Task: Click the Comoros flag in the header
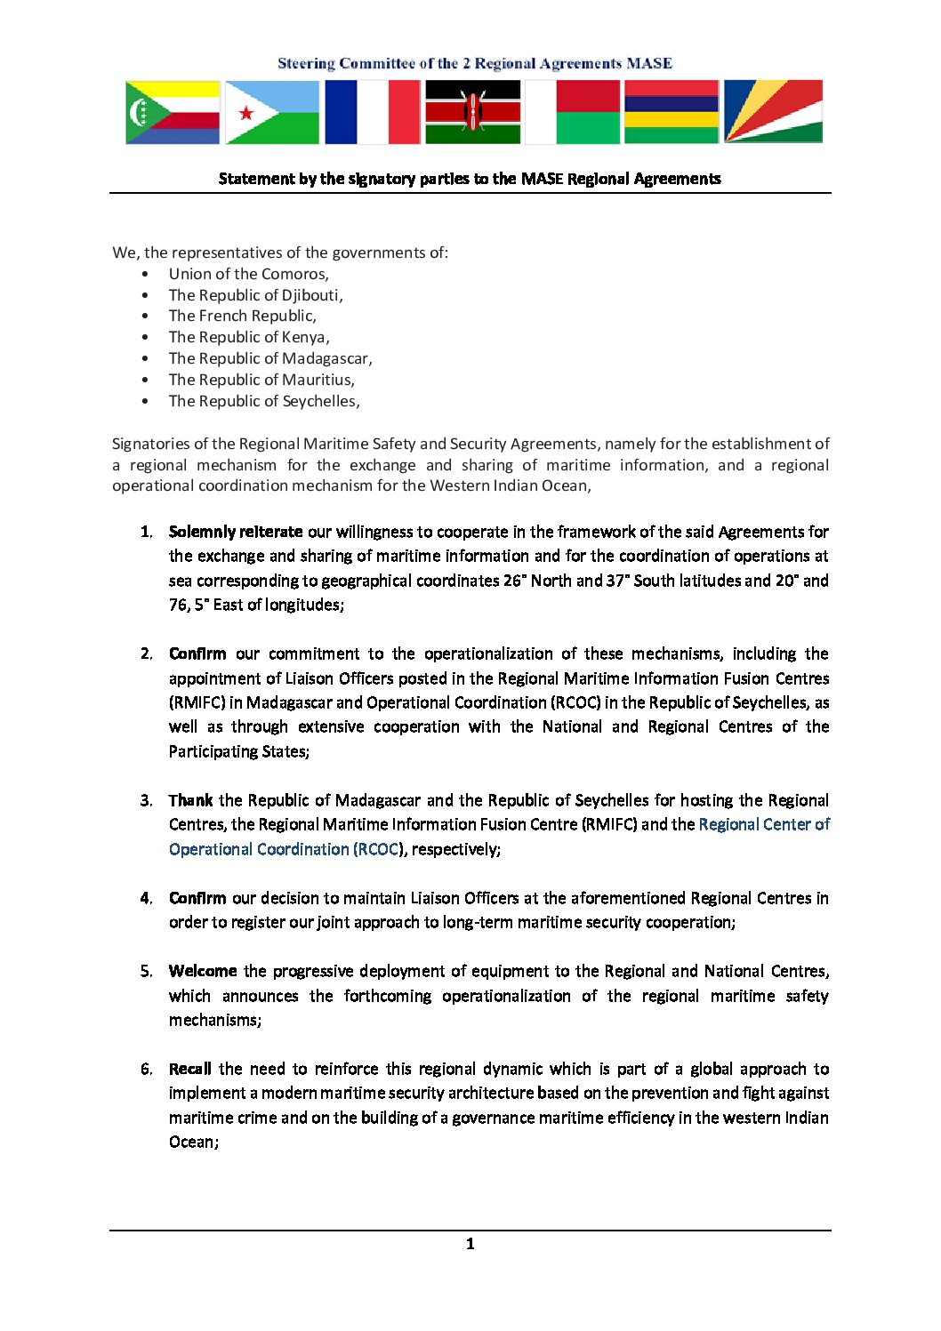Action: coord(173,112)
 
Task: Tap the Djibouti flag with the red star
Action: coord(271,112)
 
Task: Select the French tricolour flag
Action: coord(372,112)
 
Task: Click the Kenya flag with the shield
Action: coord(472,112)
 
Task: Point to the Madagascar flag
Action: coord(573,112)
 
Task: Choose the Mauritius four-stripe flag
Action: coord(672,112)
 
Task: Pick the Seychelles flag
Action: coord(773,112)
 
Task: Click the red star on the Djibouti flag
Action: coord(246,113)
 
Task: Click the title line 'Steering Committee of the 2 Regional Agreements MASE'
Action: coord(474,63)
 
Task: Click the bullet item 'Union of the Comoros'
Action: coord(248,274)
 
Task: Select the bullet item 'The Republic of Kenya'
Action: coord(248,337)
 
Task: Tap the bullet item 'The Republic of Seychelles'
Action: coord(263,401)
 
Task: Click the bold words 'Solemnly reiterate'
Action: coord(236,532)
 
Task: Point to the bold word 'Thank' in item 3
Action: coord(190,800)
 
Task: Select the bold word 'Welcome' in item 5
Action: coord(203,971)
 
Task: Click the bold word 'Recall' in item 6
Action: coord(190,1069)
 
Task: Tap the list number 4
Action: coord(145,898)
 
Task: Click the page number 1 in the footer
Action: coord(470,1244)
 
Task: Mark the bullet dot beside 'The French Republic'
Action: coord(145,316)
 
